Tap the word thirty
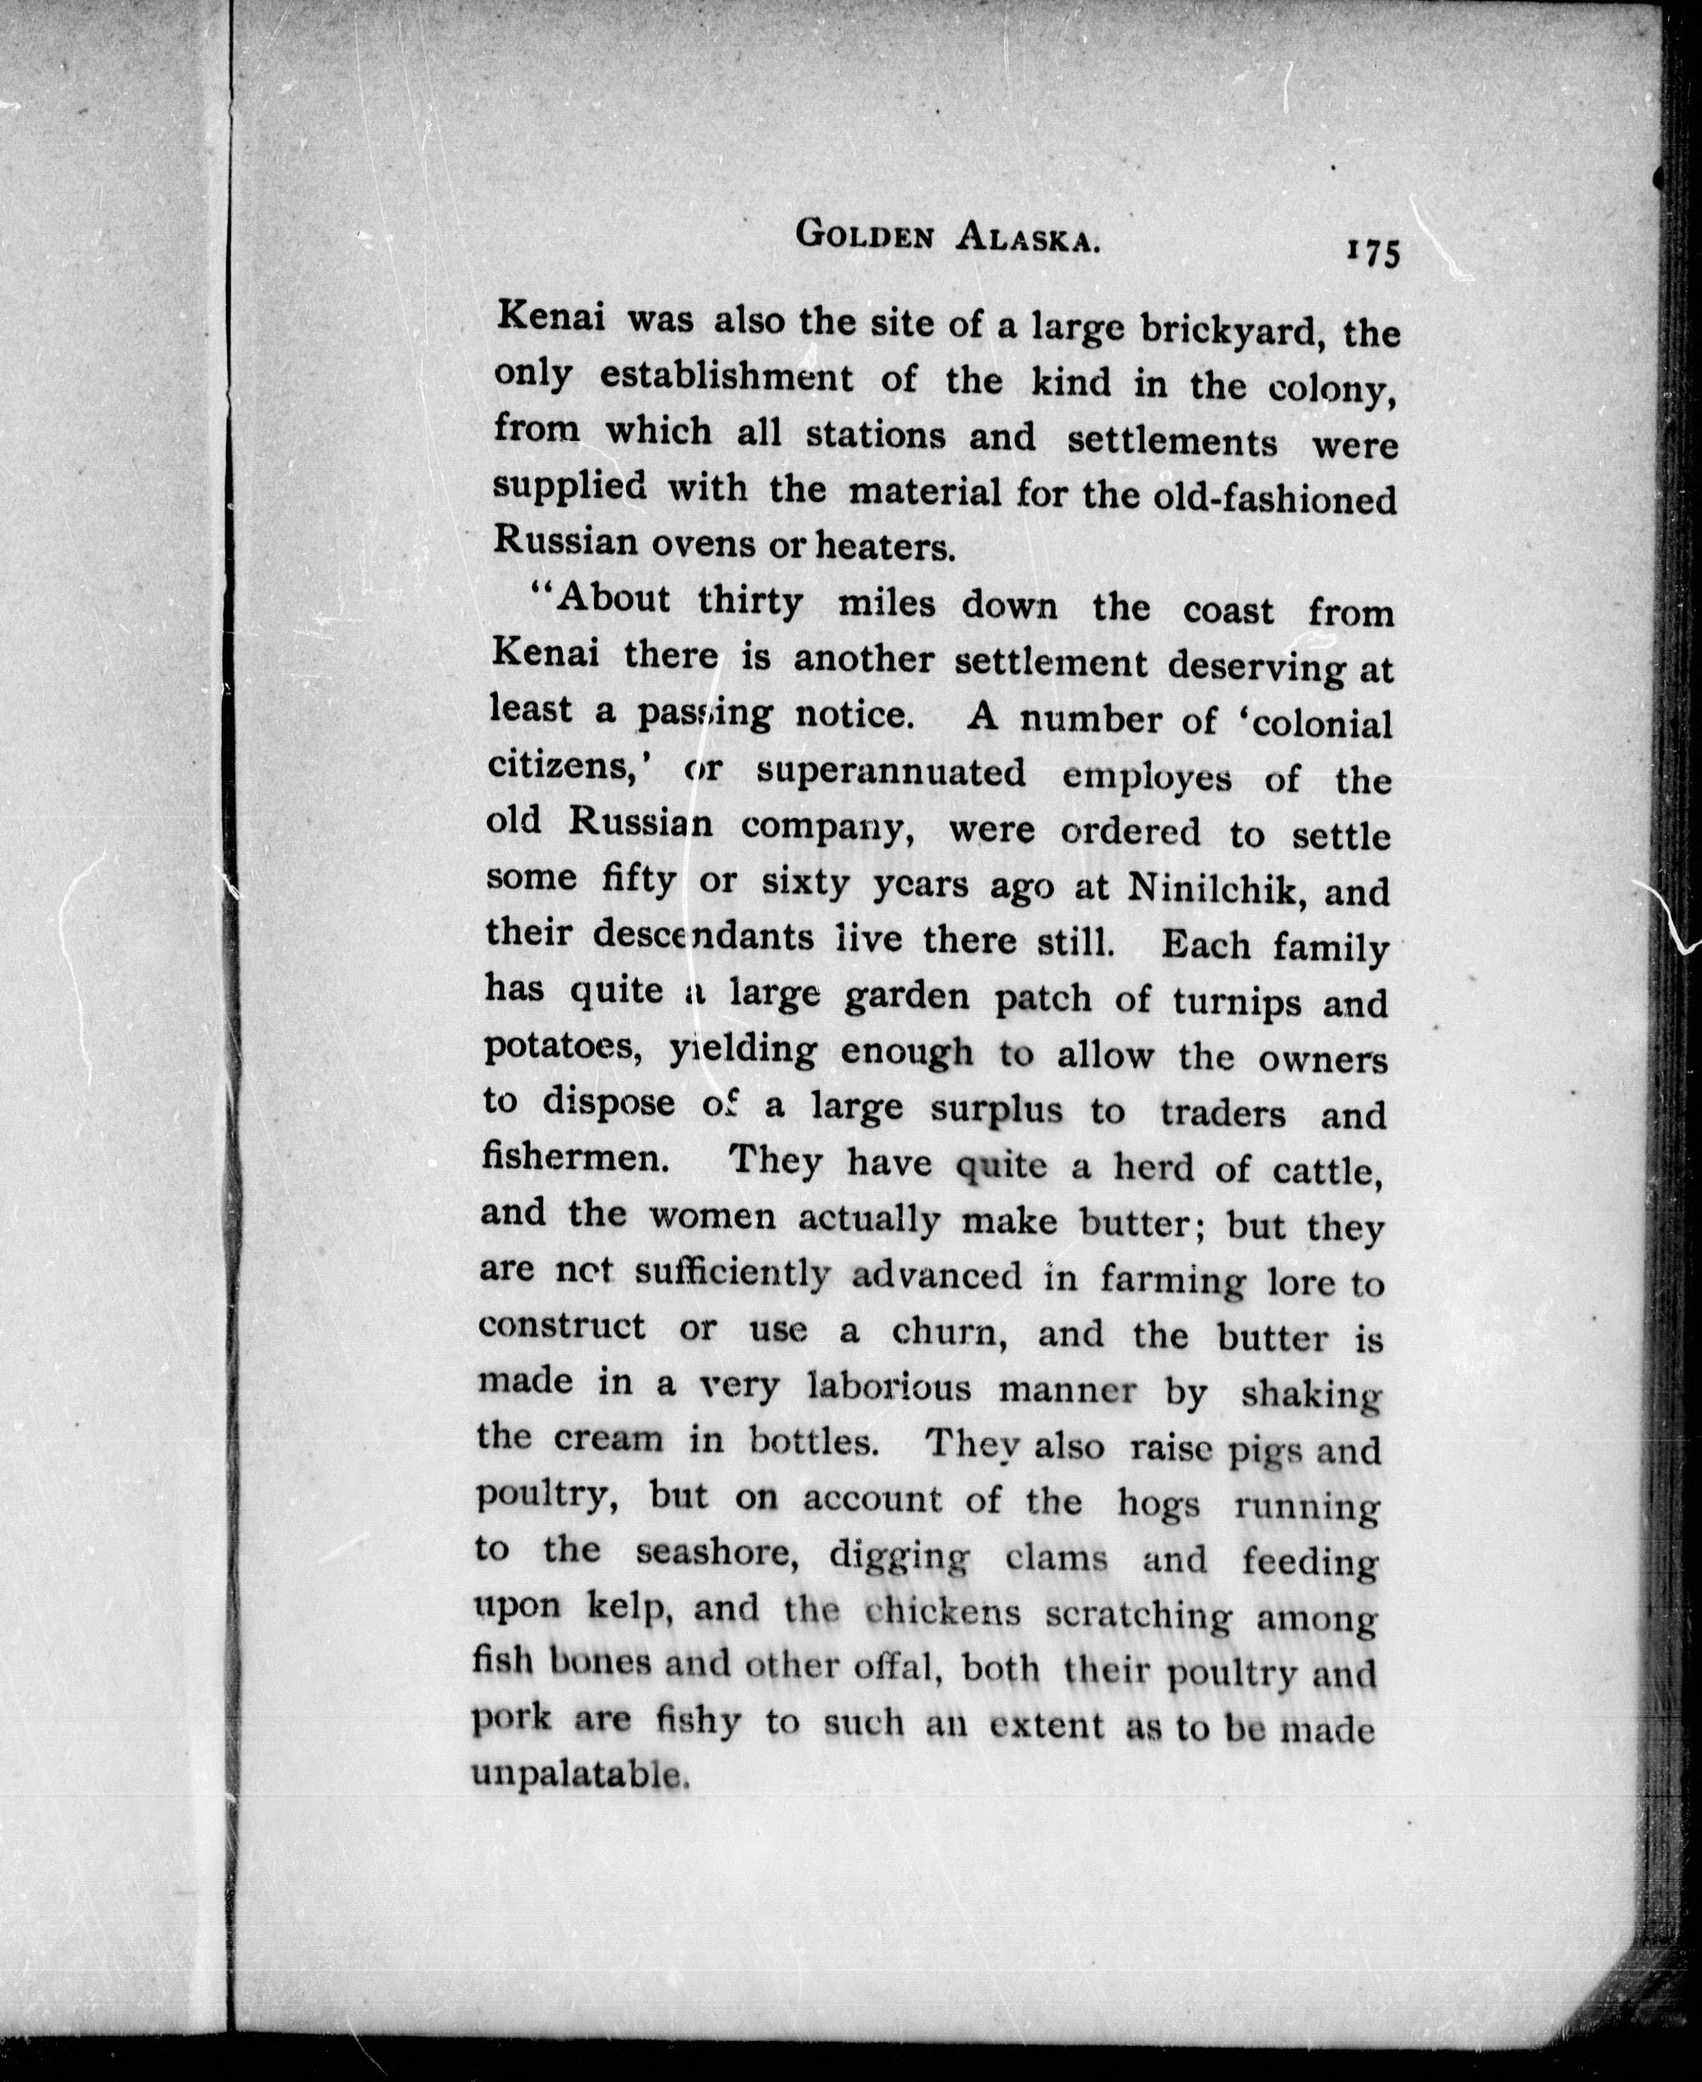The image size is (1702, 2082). coord(750,600)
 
